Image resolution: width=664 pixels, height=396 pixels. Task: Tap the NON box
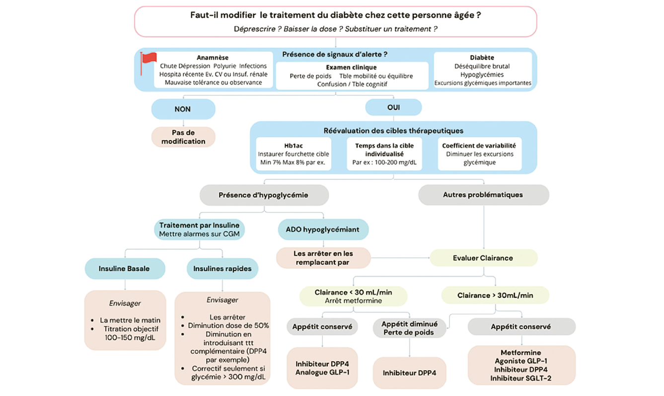183,109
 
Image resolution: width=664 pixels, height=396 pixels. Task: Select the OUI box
393,107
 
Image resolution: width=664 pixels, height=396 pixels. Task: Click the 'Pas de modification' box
183,137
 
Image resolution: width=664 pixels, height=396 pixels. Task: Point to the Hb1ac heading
294,146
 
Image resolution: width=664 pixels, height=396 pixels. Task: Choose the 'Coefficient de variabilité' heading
479,146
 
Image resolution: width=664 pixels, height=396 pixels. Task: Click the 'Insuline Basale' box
124,269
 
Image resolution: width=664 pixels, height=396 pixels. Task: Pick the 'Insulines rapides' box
222,269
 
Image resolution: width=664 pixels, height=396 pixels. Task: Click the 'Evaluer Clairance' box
483,258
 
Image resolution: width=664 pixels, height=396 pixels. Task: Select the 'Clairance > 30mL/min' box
495,296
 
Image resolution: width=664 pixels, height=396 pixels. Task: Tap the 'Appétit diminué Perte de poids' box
409,328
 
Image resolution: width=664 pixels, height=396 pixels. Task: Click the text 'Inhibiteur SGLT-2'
520,378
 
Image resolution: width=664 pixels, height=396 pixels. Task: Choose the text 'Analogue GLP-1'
326,372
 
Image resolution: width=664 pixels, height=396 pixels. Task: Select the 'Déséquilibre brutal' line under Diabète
482,66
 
